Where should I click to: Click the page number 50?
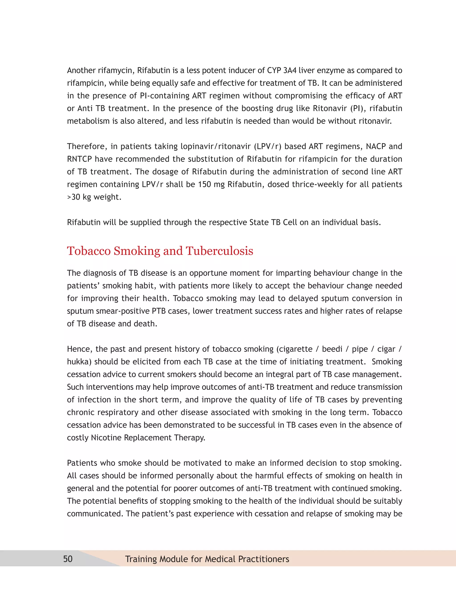[x=68, y=559]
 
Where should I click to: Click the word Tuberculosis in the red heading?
[x=219, y=251]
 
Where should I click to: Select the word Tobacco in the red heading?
[x=89, y=251]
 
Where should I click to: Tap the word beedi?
[x=332, y=349]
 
